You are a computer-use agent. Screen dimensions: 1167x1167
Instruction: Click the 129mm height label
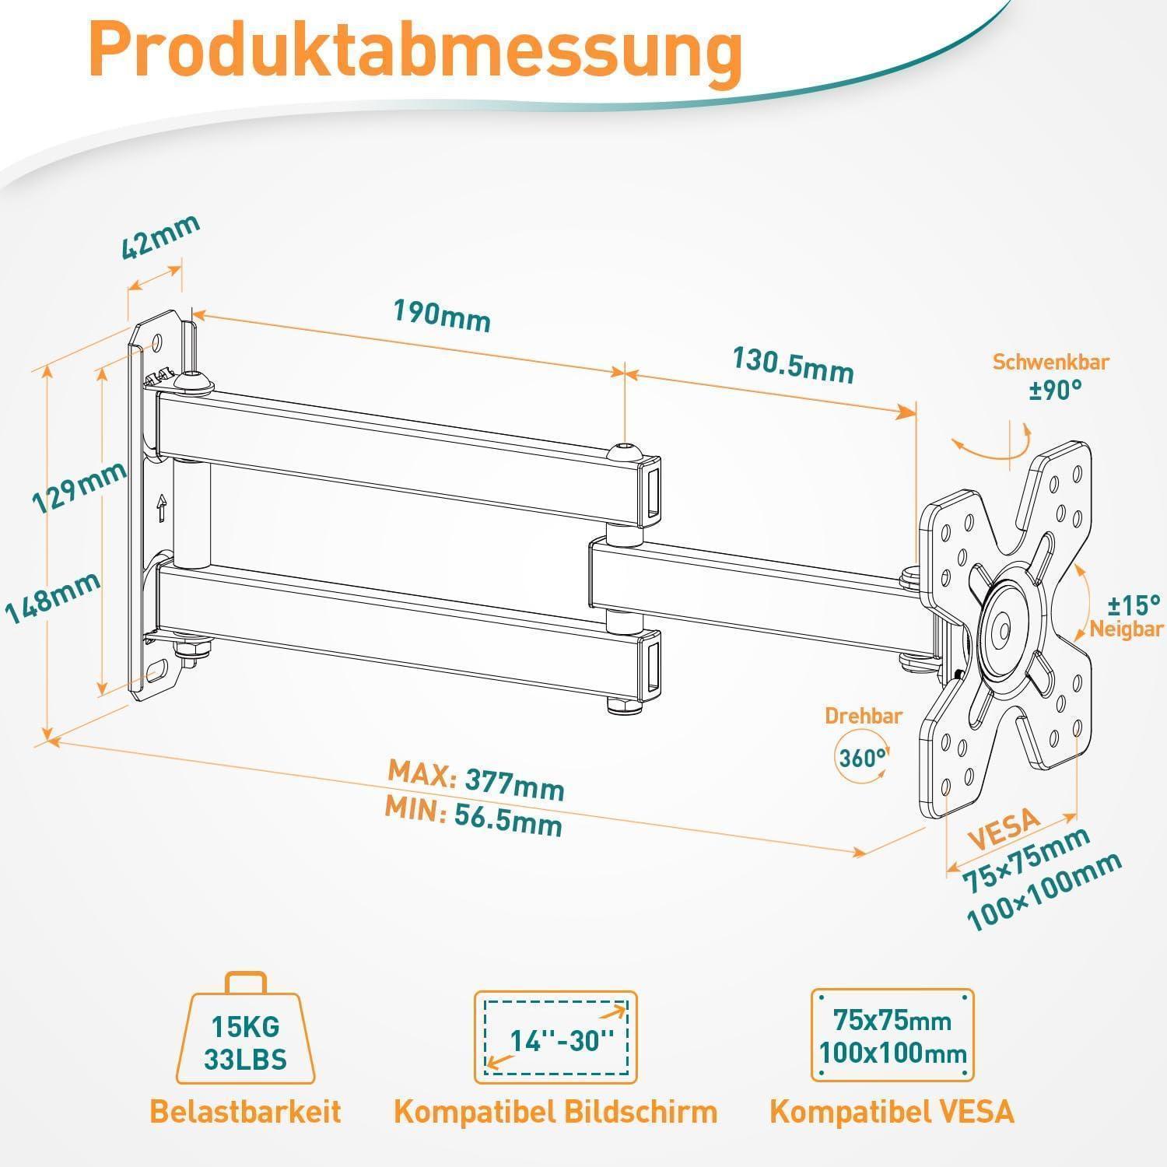coord(79,487)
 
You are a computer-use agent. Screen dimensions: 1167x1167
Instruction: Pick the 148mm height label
coord(53,598)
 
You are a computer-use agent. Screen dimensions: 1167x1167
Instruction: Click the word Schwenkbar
coord(1050,362)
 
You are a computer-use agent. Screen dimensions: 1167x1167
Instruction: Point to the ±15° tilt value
coord(1133,604)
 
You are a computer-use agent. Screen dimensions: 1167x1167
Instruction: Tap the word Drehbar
coord(864,716)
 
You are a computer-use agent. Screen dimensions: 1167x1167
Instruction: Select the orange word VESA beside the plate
coord(1004,830)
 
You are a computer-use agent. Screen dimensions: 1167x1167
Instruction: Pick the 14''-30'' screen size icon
coord(555,1037)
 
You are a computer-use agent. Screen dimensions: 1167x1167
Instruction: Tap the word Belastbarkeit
coord(245,1111)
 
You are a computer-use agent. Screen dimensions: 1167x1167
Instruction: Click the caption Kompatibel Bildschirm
coord(555,1111)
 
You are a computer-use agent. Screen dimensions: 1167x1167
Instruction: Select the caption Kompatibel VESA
coord(892,1111)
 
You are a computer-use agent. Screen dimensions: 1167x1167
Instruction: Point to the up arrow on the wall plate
coord(162,508)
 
